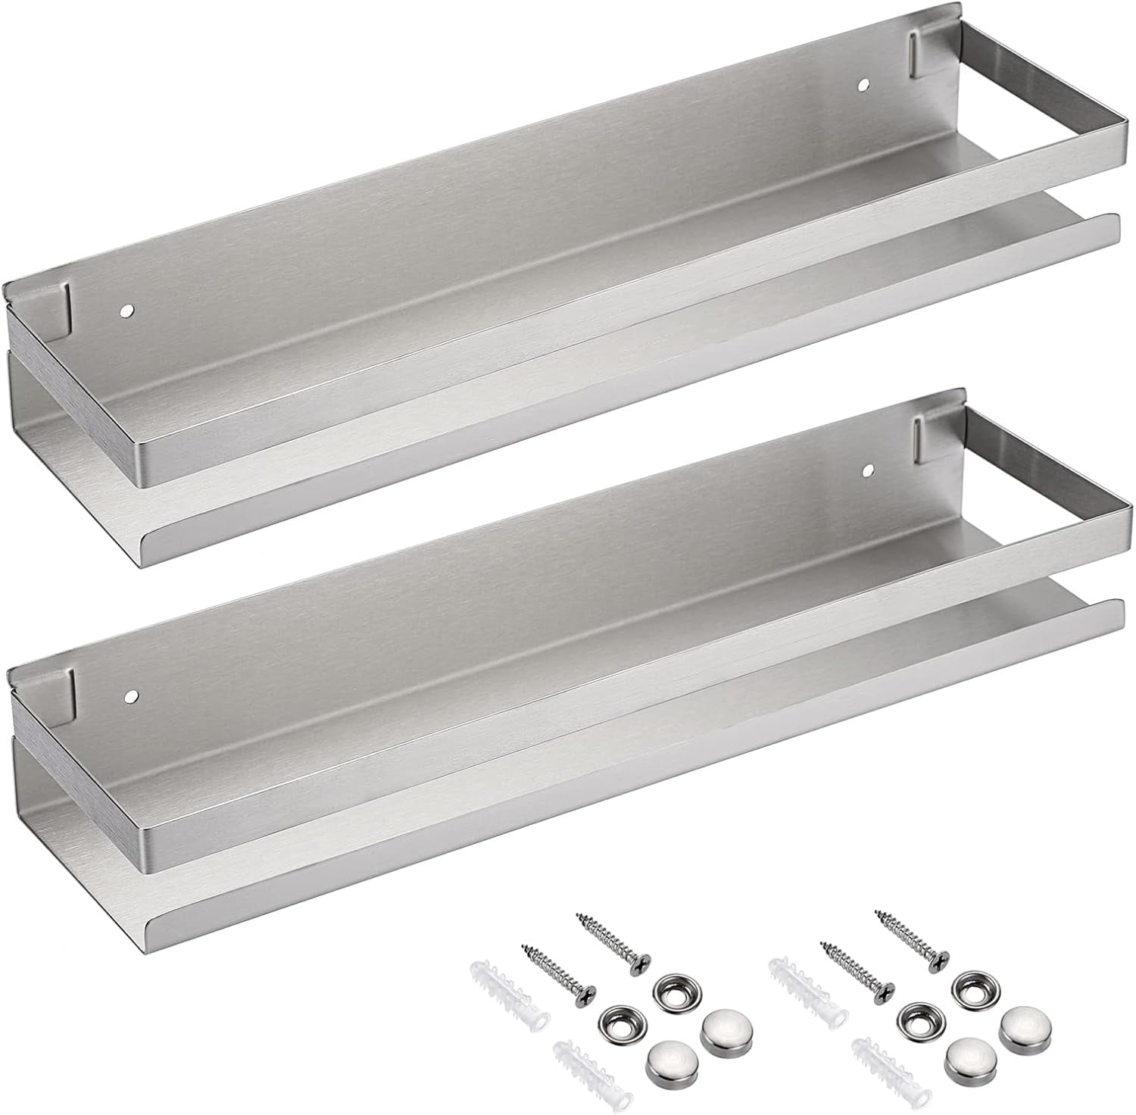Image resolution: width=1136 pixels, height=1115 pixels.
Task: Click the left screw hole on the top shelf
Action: tap(126, 311)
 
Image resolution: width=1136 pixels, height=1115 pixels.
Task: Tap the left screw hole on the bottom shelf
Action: tap(133, 694)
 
